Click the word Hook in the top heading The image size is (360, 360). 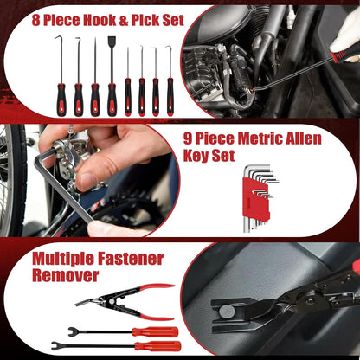(100, 20)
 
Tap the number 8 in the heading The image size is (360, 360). (35, 20)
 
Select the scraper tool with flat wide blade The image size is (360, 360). (112, 76)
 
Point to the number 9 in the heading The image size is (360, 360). (188, 139)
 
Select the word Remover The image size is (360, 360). (65, 275)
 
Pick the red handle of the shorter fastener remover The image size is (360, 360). (155, 331)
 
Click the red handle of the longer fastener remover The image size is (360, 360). (157, 346)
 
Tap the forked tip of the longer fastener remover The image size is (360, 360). (56, 345)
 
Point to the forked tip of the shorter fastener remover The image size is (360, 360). (73, 331)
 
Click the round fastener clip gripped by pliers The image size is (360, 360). (226, 311)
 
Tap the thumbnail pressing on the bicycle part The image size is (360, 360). (87, 180)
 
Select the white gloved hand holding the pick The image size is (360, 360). (346, 36)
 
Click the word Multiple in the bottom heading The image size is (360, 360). (63, 259)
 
